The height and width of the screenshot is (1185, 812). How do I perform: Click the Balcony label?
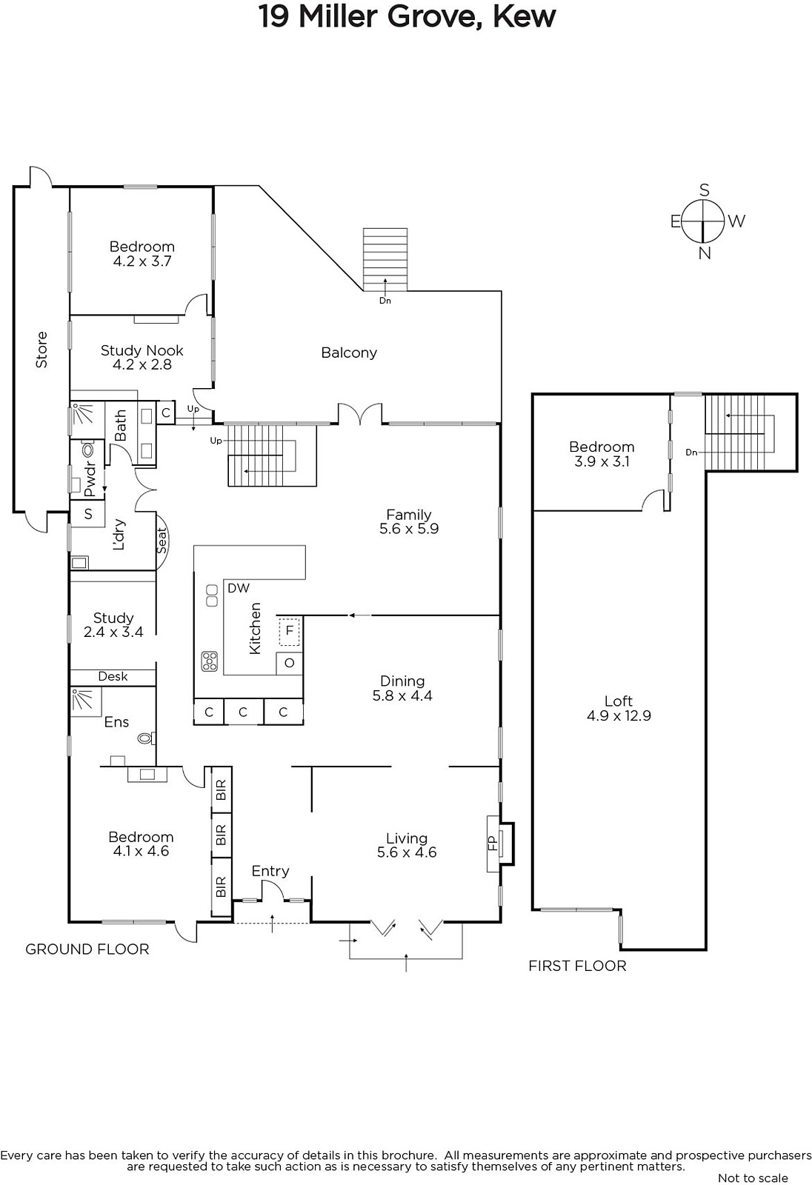pos(349,353)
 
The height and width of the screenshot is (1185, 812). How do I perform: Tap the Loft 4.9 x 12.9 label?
pos(619,708)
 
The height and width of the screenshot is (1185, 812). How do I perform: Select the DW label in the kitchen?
pos(239,588)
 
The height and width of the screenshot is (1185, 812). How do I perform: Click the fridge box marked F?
pos(289,630)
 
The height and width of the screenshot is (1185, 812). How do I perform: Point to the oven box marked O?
pos(289,664)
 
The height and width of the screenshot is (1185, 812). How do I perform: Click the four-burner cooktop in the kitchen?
pos(210,661)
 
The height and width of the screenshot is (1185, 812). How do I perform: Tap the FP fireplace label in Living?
pos(492,843)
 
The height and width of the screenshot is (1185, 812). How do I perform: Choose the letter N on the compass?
pos(704,253)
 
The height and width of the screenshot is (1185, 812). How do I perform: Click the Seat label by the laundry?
pos(162,541)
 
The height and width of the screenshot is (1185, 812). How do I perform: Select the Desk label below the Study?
pos(113,676)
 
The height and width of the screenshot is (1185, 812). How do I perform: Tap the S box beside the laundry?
pos(88,514)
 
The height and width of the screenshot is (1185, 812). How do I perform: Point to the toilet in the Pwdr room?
pos(87,450)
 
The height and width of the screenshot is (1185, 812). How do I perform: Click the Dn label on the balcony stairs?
pos(385,301)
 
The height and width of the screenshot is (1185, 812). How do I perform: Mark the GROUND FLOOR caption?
pos(87,949)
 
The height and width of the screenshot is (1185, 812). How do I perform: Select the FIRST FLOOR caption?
pos(577,966)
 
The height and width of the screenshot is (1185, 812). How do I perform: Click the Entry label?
pos(270,871)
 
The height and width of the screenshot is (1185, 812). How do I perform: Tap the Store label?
pos(41,350)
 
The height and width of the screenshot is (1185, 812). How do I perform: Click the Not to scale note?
pos(753,1178)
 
